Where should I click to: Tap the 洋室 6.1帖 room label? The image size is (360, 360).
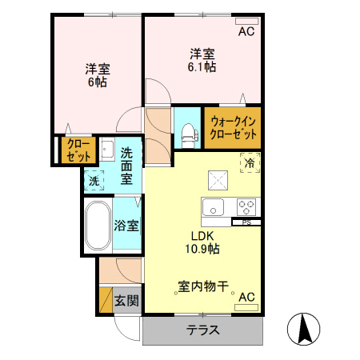[x=202, y=61]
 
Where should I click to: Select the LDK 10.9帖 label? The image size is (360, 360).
[x=202, y=242]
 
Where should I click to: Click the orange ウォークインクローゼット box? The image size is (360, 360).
[x=232, y=128]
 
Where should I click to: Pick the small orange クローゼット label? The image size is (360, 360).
[x=78, y=150]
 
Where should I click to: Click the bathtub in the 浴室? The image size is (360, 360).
[x=98, y=226]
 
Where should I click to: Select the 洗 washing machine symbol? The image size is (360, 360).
[x=94, y=180]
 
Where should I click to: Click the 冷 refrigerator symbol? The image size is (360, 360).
[x=250, y=162]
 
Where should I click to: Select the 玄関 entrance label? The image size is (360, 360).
[x=126, y=301]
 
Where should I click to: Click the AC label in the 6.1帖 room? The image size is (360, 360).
[x=246, y=32]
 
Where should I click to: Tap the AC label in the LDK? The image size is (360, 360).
[x=246, y=297]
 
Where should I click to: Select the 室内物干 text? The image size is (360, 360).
[x=203, y=286]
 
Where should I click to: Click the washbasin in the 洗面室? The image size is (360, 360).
[x=107, y=150]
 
